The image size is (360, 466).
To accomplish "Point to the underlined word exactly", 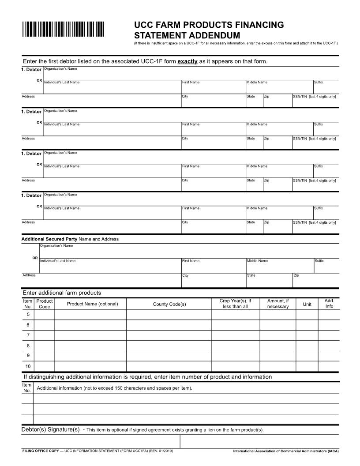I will pos(187,61).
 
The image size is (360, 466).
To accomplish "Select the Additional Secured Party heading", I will pos(49,239).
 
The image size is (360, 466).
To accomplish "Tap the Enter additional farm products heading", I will pos(62,293).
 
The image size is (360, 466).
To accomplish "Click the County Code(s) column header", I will pos(169,304).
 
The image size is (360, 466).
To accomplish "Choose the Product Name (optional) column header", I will pos(92,304).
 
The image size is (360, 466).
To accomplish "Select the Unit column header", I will pos(306,304).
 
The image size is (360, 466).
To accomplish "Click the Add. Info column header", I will pos(329,304).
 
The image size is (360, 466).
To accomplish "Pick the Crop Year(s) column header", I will pos(235,304).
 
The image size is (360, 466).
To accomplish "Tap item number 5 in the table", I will pos(28,315).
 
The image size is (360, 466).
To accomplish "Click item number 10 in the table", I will pos(28,366).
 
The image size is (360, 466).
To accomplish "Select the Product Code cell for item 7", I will pos(44,335).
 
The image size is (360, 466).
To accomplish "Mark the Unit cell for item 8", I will pos(306,346).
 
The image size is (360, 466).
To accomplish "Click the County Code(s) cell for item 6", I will pos(169,325).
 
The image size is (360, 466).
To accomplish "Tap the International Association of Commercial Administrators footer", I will pos(286,451).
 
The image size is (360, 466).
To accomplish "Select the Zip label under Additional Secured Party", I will pos(296,275).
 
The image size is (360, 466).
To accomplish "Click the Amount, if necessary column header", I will pos(278,304).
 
